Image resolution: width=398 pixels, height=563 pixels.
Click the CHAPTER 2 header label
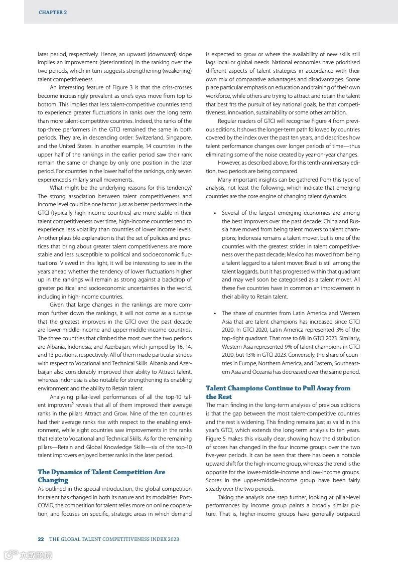tap(53, 12)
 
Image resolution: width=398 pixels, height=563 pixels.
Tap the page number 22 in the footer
tap(41, 539)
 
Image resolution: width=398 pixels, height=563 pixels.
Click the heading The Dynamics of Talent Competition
tap(101, 472)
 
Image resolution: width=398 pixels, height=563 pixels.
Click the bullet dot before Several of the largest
tap(215, 213)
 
